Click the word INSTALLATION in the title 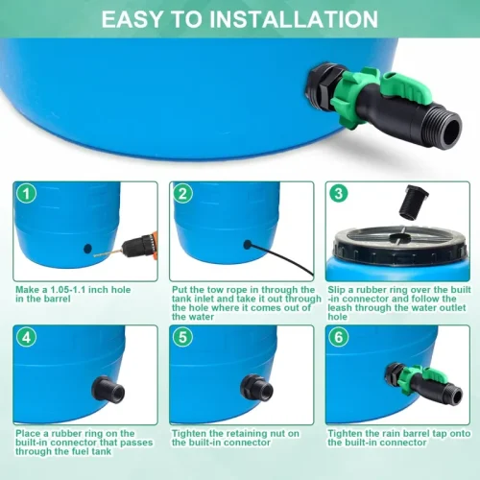pos(294,19)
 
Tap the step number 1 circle pos(26,194)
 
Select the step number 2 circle pos(182,194)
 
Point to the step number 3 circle pos(339,193)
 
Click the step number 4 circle pos(26,337)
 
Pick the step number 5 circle pos(182,337)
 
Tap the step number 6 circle pos(339,337)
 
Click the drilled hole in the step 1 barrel pos(87,249)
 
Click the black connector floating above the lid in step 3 pos(413,202)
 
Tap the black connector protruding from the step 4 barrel pos(108,389)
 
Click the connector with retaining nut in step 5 pos(257,387)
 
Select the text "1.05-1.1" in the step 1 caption pos(68,290)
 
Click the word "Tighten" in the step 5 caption pos(189,434)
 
